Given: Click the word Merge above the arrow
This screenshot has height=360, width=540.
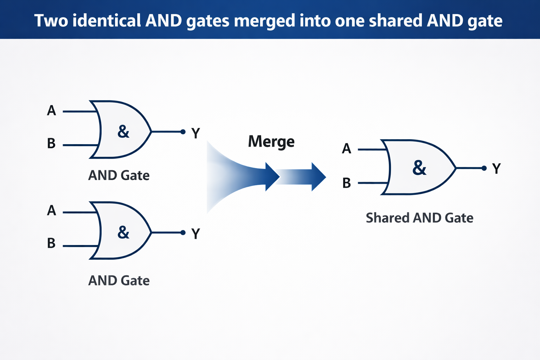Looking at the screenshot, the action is pos(271,142).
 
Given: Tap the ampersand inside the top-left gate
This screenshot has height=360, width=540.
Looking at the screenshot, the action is pos(123,131).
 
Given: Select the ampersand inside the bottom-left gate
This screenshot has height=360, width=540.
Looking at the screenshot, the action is pos(123,232).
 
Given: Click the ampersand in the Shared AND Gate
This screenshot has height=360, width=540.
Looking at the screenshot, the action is pos(419,168).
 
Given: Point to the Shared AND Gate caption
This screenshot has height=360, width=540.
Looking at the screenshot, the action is pos(419,218).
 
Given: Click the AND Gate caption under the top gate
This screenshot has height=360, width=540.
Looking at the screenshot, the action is pos(119,175).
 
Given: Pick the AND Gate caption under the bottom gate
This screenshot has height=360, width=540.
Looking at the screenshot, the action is pos(119,281).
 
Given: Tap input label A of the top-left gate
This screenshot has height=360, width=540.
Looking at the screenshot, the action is pos(51,111).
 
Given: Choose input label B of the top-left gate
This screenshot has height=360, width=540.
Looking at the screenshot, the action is pos(51,143).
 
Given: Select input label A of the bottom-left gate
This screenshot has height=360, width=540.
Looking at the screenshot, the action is pos(51,211).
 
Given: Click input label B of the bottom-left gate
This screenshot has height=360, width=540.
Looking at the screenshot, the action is pos(51,243).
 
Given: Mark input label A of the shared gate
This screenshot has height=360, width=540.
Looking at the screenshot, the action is pos(346,148).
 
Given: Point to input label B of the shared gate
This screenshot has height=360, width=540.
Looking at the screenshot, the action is pos(347,183).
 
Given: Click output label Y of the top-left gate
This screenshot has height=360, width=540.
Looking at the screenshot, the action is pos(195,133).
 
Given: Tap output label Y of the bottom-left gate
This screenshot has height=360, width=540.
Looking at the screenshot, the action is pos(195,234).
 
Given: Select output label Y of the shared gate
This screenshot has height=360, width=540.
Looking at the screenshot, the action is pos(496,168).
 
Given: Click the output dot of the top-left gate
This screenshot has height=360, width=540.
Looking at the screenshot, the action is pos(183,131).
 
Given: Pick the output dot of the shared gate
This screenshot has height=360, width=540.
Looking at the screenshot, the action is pos(484,168).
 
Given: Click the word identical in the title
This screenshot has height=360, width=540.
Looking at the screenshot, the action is pos(107,20).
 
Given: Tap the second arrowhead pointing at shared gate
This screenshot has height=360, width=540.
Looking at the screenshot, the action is pos(319,177).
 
